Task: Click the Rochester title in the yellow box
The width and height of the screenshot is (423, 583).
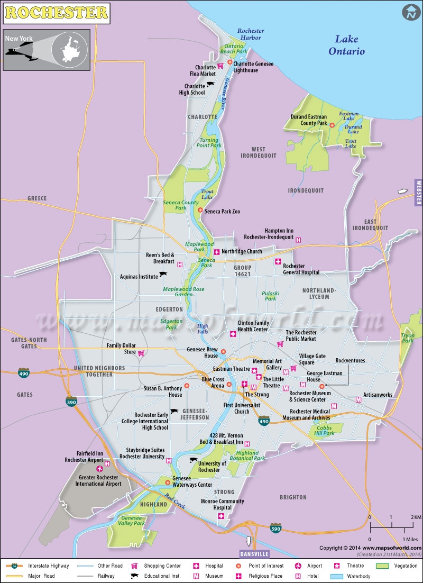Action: point(57,11)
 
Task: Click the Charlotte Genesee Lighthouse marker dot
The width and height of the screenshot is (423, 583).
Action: point(230,62)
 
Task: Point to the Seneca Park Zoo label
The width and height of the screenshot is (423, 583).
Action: point(222,212)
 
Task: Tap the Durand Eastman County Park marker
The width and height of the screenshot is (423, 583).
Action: point(332,125)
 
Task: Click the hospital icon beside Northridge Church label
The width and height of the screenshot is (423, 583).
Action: point(216,251)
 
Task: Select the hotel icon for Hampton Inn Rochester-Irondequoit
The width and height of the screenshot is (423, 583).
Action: point(298,240)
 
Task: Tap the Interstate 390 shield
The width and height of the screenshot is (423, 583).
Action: point(70,402)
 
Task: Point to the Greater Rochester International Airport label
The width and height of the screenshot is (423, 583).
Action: point(98,480)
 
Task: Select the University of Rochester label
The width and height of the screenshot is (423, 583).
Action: point(213,467)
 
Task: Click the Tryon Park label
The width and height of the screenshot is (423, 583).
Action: point(408,338)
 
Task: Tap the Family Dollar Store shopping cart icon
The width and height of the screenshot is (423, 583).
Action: point(142,353)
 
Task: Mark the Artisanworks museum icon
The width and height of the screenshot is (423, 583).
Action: point(358,399)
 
